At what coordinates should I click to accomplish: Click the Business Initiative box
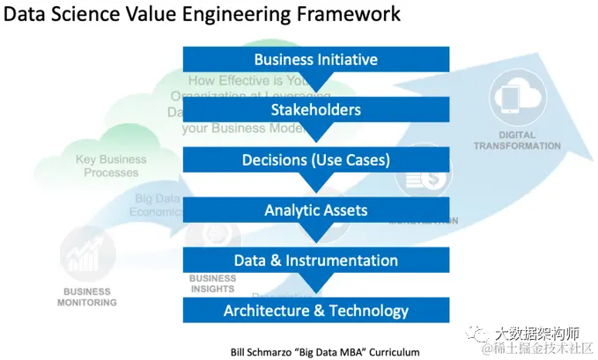[315, 60]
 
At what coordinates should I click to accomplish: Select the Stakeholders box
[315, 110]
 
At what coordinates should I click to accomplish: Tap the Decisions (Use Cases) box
[315, 160]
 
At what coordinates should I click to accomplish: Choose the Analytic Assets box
[315, 210]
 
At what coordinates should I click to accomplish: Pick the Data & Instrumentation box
[315, 261]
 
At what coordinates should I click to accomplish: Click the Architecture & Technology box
[315, 310]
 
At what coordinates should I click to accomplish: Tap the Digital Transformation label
[517, 140]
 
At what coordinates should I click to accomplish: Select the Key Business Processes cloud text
[111, 166]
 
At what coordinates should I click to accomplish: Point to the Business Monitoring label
[88, 297]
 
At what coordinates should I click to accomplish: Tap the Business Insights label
[211, 283]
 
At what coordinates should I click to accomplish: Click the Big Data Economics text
[156, 205]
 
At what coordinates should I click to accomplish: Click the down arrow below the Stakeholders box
[315, 133]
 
